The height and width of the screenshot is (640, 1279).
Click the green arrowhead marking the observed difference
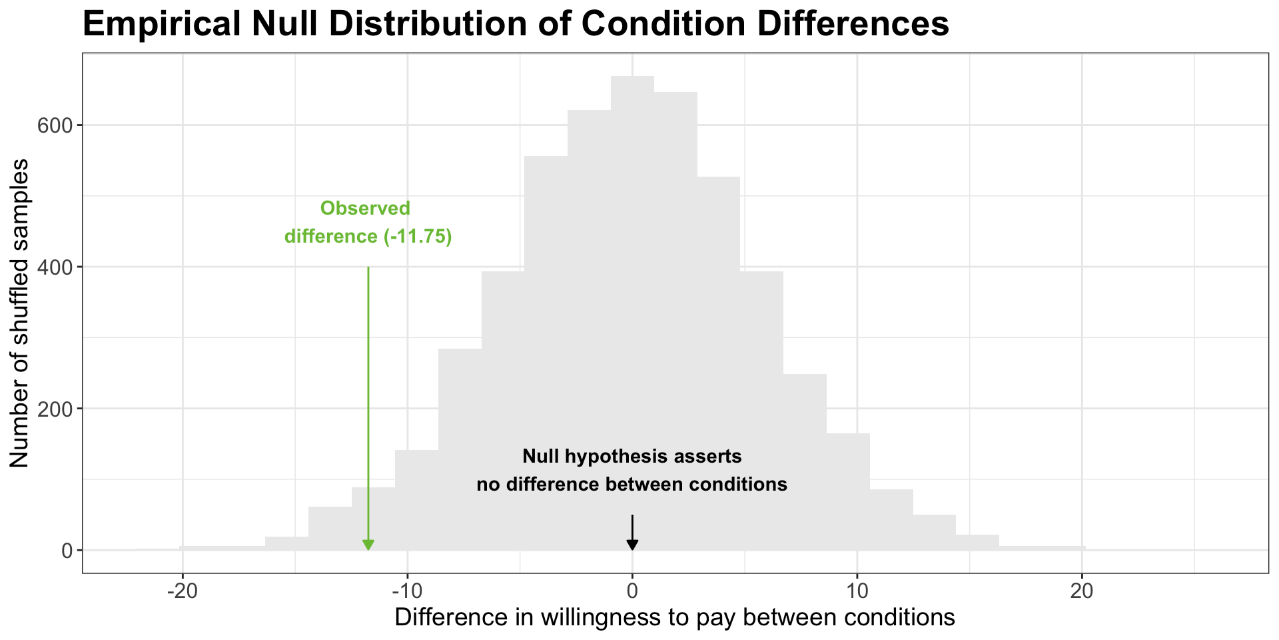[x=368, y=545]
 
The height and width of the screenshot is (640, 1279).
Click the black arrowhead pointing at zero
[x=632, y=545]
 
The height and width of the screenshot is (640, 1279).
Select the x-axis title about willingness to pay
[x=675, y=617]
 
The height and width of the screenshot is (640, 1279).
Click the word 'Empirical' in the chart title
[x=160, y=25]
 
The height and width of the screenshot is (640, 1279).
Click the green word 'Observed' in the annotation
[x=365, y=209]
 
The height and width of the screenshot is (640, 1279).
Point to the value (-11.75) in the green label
[x=418, y=237]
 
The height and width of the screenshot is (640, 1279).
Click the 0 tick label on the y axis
[x=67, y=551]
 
